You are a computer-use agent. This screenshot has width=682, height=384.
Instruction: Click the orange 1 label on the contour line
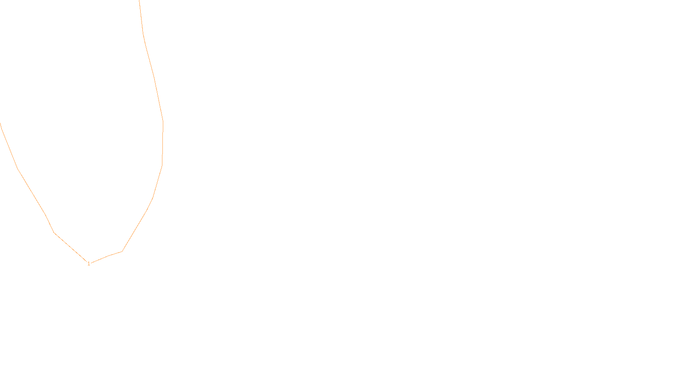[89, 264]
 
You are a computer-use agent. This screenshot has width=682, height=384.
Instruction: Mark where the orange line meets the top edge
[139, 0]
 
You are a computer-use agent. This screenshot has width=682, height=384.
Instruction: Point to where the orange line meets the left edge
[0, 124]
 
